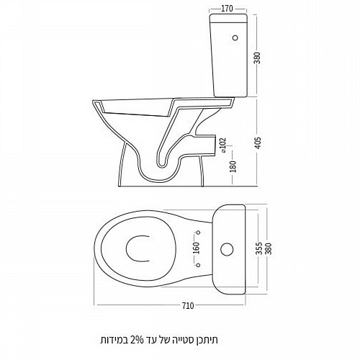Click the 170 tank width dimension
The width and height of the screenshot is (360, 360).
click(227, 9)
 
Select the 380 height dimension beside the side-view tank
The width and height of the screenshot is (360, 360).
click(257, 58)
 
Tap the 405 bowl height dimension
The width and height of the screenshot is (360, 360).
click(257, 143)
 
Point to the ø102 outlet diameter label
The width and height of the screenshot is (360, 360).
click(223, 145)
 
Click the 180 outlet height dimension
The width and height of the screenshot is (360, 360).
click(233, 166)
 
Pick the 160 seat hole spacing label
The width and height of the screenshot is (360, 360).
click(196, 248)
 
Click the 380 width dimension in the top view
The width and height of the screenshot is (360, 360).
click(269, 248)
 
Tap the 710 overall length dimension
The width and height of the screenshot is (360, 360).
click(187, 306)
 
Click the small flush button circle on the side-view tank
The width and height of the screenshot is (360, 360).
click(235, 37)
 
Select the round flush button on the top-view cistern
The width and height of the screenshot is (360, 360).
click(227, 249)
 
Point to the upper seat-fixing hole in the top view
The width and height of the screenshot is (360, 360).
click(198, 233)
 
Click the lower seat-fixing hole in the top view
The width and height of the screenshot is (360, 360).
click(198, 265)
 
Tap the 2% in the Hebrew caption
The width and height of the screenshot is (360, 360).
click(137, 340)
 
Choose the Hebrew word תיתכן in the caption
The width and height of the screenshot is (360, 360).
click(206, 340)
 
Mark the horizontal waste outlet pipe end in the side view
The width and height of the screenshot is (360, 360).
click(215, 145)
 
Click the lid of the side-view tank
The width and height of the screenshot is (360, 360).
click(228, 18)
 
